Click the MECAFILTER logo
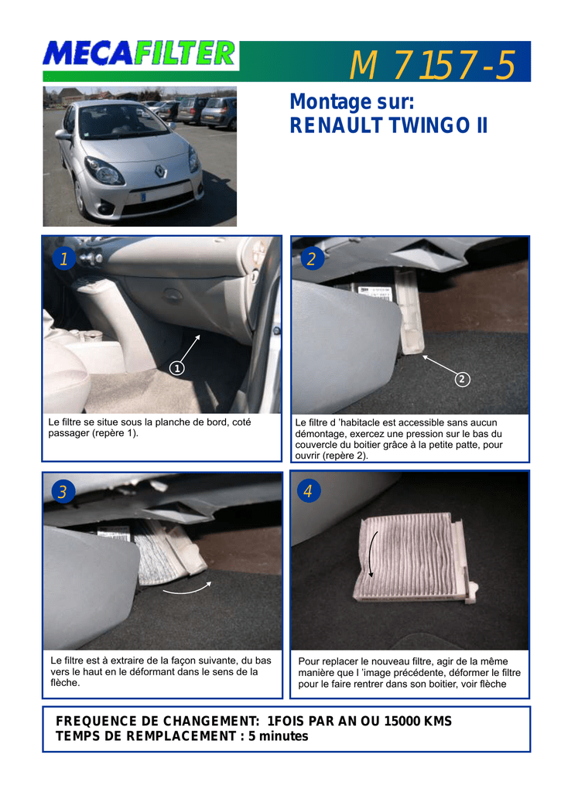(x=139, y=54)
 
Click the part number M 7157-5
(x=432, y=65)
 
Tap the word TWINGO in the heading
(x=429, y=125)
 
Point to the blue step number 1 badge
(x=63, y=258)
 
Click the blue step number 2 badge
(x=312, y=258)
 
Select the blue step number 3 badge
(x=63, y=491)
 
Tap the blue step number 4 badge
(x=308, y=490)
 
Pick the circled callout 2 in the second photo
(x=462, y=379)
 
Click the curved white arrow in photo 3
(x=187, y=589)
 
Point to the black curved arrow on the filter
(x=370, y=554)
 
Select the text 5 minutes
(x=278, y=736)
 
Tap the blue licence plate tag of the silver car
(x=143, y=196)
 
